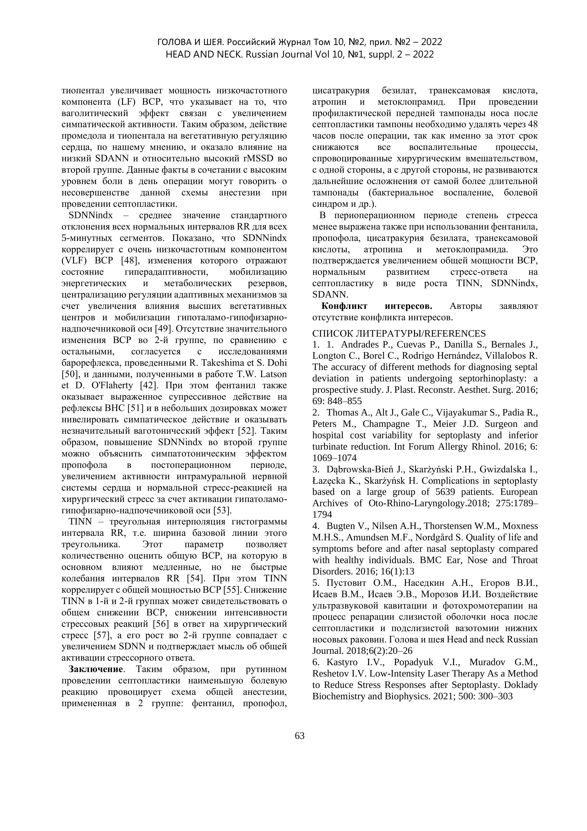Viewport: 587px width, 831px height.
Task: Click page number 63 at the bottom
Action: click(300, 736)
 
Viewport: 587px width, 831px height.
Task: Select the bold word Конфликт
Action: click(344, 306)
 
